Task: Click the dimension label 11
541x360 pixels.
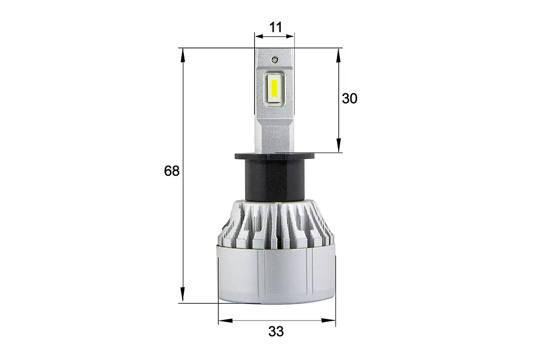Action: (275, 27)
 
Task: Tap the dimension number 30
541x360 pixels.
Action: (350, 99)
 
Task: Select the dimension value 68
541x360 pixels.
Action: (172, 170)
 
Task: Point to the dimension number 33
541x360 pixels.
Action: (276, 331)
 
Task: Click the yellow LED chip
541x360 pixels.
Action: (275, 89)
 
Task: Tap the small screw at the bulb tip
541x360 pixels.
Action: (275, 59)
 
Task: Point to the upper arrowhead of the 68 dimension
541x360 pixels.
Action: (183, 56)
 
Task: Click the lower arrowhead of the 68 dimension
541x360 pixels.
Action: (183, 295)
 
